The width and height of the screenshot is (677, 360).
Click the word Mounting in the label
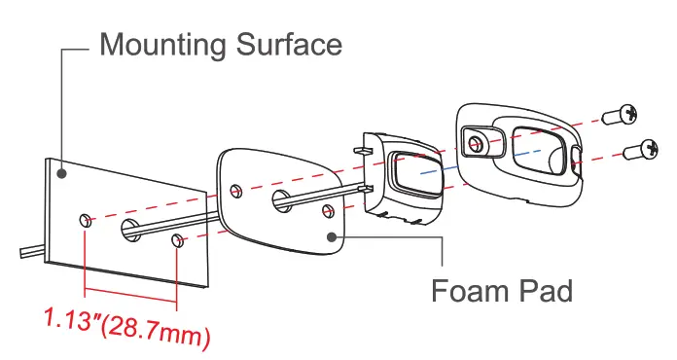tap(161, 44)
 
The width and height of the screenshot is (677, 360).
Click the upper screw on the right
tap(619, 117)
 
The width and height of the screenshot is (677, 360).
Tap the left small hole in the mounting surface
tap(87, 221)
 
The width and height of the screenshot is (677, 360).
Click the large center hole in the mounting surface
tap(130, 230)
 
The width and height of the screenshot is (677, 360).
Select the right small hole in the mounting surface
tap(176, 241)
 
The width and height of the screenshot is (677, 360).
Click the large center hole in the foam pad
tap(282, 201)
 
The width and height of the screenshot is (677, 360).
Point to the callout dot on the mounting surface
tap(61, 172)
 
